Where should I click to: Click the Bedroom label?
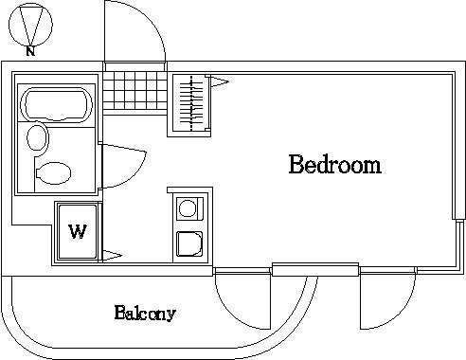[x=335, y=164]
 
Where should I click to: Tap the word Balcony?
[x=145, y=313]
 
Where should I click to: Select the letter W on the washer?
[x=78, y=231]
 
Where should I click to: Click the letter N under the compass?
[x=30, y=51]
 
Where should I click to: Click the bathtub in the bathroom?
[x=56, y=105]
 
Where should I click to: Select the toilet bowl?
[x=54, y=173]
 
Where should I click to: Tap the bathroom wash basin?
[x=38, y=138]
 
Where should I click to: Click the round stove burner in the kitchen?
[x=188, y=208]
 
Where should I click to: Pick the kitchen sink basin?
[x=189, y=244]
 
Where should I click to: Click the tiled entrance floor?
[x=134, y=91]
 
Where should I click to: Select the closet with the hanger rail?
[x=188, y=105]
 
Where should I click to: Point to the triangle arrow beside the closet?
[x=220, y=81]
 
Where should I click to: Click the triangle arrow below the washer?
[x=112, y=256]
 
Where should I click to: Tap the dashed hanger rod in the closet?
[x=191, y=103]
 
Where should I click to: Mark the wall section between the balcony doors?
[x=315, y=269]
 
